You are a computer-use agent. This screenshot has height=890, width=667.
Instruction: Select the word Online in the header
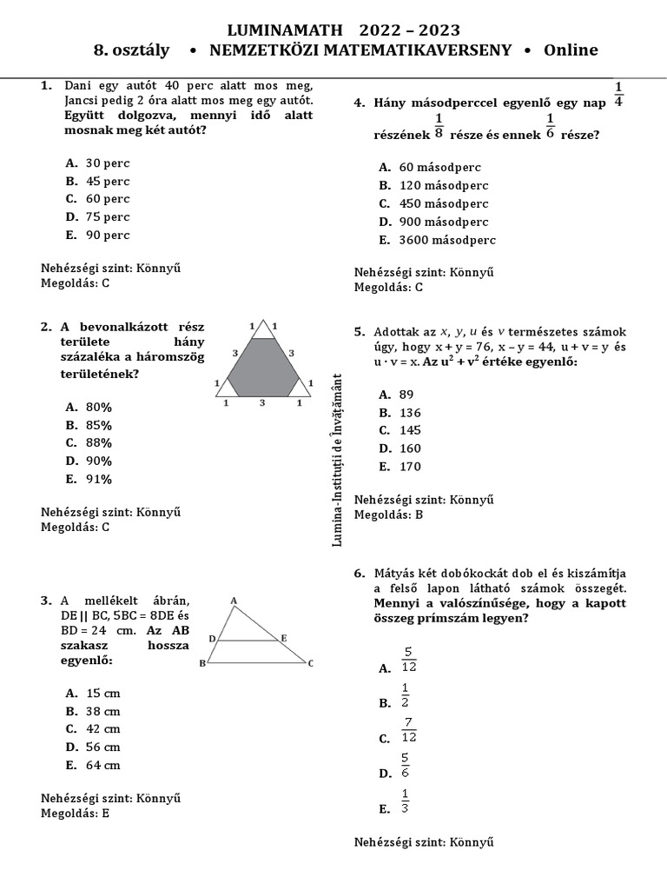click(571, 50)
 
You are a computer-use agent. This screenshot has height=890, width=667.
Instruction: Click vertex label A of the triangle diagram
click(234, 601)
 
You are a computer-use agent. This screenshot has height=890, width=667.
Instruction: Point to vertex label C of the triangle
click(310, 664)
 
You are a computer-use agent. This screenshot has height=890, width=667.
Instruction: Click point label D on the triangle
click(211, 639)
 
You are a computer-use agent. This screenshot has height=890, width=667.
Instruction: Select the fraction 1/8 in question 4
click(439, 126)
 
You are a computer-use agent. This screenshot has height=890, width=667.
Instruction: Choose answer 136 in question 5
click(410, 413)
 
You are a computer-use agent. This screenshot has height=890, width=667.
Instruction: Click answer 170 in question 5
click(410, 467)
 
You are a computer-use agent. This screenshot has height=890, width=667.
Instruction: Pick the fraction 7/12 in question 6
click(409, 730)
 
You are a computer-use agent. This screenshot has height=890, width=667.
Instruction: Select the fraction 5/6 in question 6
click(406, 766)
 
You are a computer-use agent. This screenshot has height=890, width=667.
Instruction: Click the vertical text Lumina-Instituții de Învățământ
click(338, 459)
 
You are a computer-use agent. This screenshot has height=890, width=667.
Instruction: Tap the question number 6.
click(359, 574)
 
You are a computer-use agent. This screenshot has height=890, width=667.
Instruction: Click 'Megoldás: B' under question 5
click(388, 515)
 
